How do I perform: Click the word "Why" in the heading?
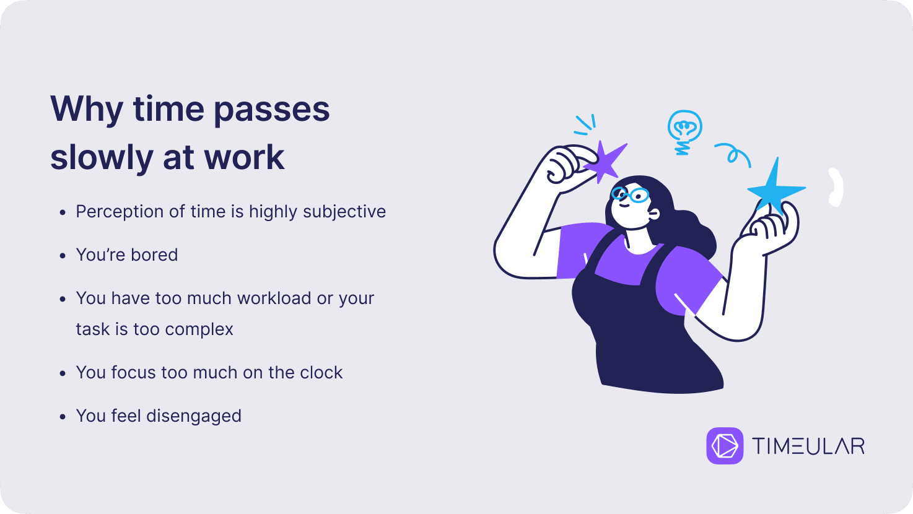pos(87,110)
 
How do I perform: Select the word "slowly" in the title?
pos(102,159)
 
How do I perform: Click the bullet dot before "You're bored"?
pos(63,256)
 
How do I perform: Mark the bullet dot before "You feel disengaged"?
pos(63,417)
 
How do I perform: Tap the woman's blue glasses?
pos(631,195)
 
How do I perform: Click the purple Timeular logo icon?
pos(725,445)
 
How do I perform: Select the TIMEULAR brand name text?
pos(808,446)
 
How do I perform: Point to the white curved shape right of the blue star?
pos(836,187)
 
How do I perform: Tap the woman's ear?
pos(653,214)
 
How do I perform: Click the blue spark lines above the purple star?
pos(585,124)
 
